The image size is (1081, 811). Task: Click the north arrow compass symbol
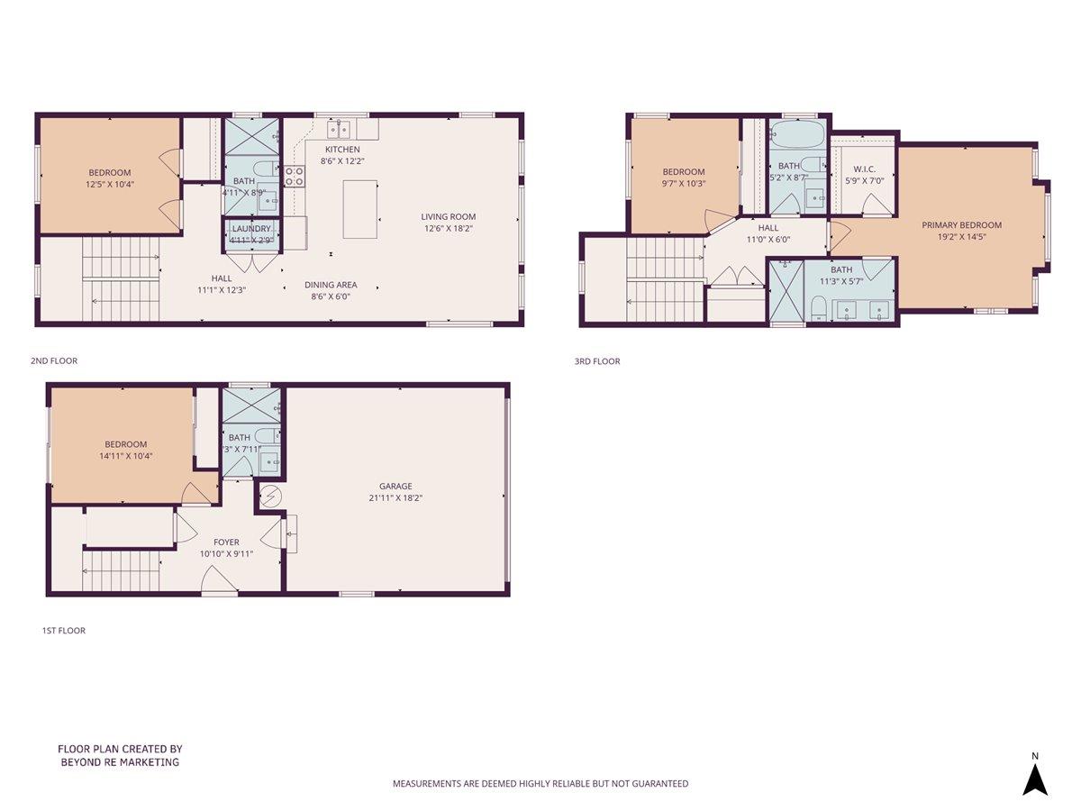coord(1035,779)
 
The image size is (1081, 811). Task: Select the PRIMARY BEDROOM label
coord(961,225)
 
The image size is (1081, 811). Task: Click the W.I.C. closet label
coord(864,169)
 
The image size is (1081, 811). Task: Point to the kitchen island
coord(359,209)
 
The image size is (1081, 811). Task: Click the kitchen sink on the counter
coord(339,128)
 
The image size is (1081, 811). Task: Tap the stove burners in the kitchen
coord(295,176)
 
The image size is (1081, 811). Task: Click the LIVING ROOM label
coord(448,216)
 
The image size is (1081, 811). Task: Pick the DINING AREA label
coord(331,285)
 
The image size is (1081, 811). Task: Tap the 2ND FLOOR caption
coord(54,360)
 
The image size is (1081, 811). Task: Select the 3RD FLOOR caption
coord(597,361)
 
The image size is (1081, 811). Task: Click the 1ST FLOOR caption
coord(63,631)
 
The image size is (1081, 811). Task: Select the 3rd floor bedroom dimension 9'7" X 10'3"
coord(684,184)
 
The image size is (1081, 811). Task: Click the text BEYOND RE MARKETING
coord(119,762)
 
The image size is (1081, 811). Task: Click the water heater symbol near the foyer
coord(269,496)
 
